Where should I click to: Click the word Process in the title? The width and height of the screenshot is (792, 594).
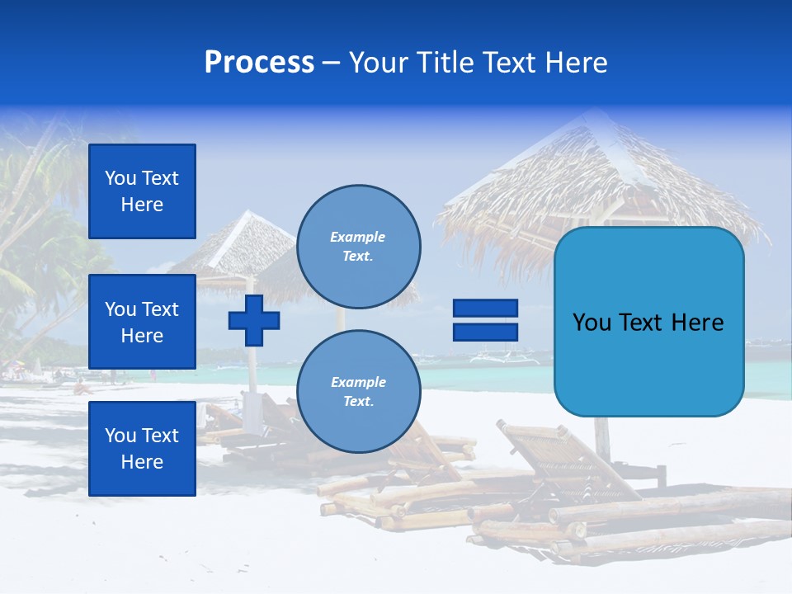pyautogui.click(x=259, y=63)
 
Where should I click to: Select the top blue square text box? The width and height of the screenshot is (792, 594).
pyautogui.click(x=142, y=191)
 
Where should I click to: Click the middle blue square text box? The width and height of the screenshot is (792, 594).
pyautogui.click(x=142, y=322)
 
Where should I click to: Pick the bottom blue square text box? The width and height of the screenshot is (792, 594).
pyautogui.click(x=142, y=448)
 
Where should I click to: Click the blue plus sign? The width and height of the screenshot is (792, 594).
pyautogui.click(x=254, y=320)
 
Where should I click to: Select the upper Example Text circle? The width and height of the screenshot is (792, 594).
pyautogui.click(x=358, y=247)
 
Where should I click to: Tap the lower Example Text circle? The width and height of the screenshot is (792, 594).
pyautogui.click(x=358, y=392)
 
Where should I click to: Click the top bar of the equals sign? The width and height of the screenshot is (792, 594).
pyautogui.click(x=485, y=309)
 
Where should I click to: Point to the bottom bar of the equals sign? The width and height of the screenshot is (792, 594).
pyautogui.click(x=485, y=332)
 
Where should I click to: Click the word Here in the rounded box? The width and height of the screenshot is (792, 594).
pyautogui.click(x=697, y=323)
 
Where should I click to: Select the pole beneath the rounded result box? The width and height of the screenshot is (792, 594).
pyautogui.click(x=603, y=437)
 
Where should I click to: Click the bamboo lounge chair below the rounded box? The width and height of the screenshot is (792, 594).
pyautogui.click(x=569, y=462)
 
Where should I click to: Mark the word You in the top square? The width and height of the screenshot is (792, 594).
pyautogui.click(x=120, y=178)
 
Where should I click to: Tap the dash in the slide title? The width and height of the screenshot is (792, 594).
pyautogui.click(x=331, y=63)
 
